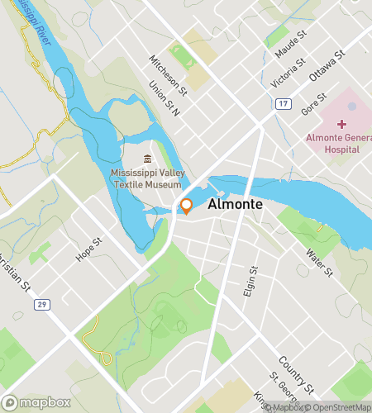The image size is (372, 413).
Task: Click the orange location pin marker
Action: (187, 206)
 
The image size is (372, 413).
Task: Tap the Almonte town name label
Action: (236, 204)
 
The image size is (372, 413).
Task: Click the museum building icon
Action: (147, 159)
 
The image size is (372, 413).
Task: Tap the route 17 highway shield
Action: (284, 103)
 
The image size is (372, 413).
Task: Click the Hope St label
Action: (88, 249)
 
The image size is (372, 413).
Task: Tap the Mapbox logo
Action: (41, 402)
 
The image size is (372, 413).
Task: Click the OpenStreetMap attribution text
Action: (339, 406)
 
